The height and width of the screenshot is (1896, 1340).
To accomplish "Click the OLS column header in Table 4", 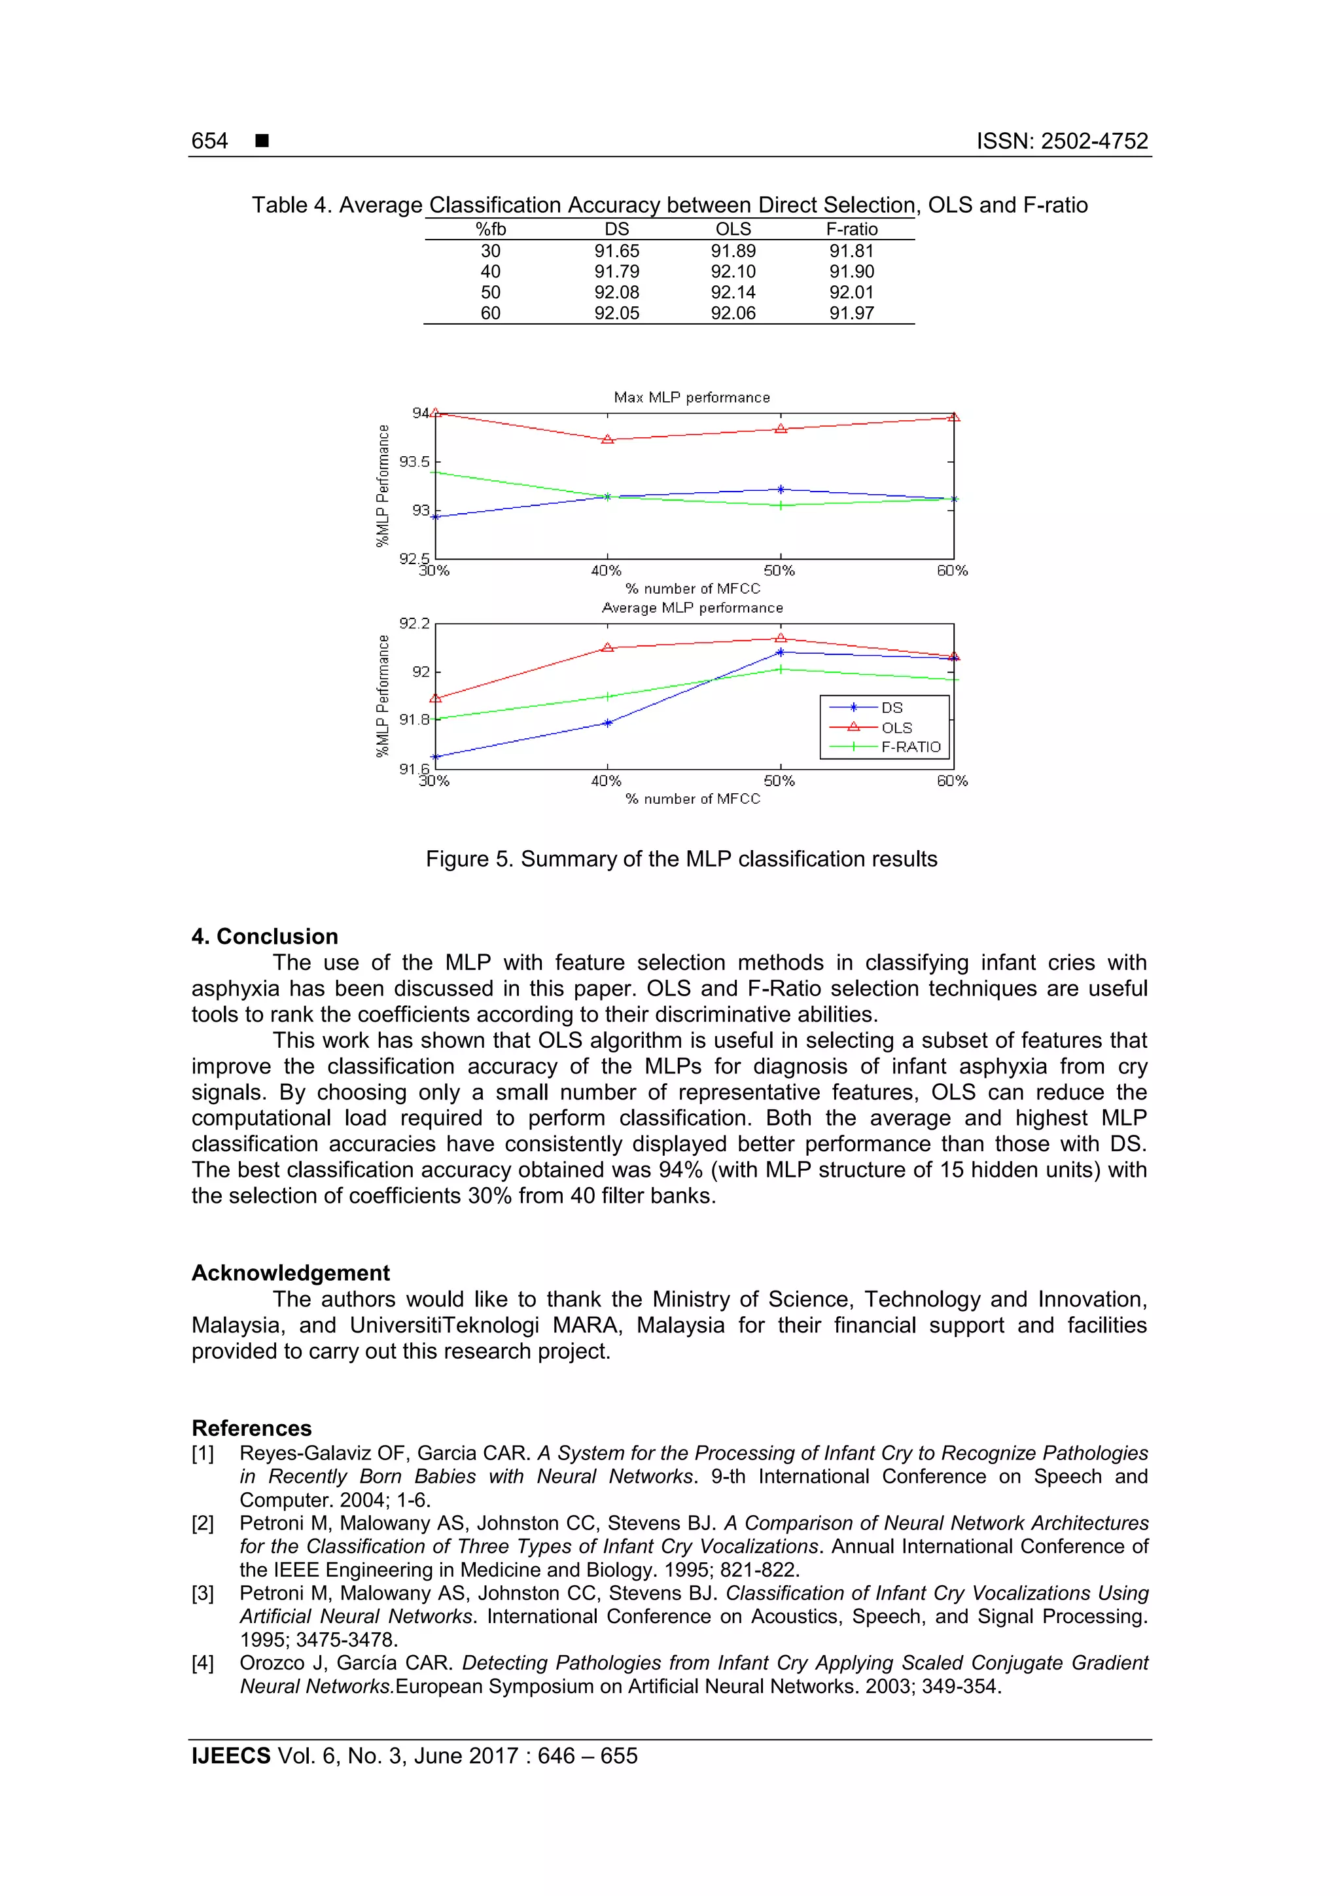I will pyautogui.click(x=732, y=230).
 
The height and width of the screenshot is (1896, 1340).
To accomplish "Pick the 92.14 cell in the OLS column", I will pyautogui.click(x=732, y=293).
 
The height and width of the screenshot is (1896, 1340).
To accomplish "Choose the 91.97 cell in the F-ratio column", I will pyautogui.click(x=851, y=313).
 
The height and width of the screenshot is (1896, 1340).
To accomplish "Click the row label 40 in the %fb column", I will pyautogui.click(x=491, y=272).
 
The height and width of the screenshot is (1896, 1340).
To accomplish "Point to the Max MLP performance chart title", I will pyautogui.click(x=691, y=397).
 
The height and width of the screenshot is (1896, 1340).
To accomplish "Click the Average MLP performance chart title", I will pyautogui.click(x=691, y=608).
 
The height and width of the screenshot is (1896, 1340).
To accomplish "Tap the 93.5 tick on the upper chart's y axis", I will pyautogui.click(x=414, y=461).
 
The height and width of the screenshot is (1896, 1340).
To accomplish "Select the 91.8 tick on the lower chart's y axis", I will pyautogui.click(x=414, y=719).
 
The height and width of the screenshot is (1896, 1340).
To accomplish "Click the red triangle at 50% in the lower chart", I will pyautogui.click(x=780, y=637).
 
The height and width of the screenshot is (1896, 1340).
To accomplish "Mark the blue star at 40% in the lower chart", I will pyautogui.click(x=608, y=723).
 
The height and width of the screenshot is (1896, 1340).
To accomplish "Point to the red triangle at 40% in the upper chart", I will pyautogui.click(x=608, y=439).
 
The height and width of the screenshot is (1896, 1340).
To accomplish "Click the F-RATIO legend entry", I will pyautogui.click(x=910, y=747).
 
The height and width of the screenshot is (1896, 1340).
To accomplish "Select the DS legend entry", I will pyautogui.click(x=891, y=707).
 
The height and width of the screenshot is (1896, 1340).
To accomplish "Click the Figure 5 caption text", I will pyautogui.click(x=681, y=859).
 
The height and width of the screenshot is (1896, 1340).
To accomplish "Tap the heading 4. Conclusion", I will pyautogui.click(x=264, y=937).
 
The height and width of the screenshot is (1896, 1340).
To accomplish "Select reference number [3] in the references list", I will pyautogui.click(x=202, y=1593).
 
